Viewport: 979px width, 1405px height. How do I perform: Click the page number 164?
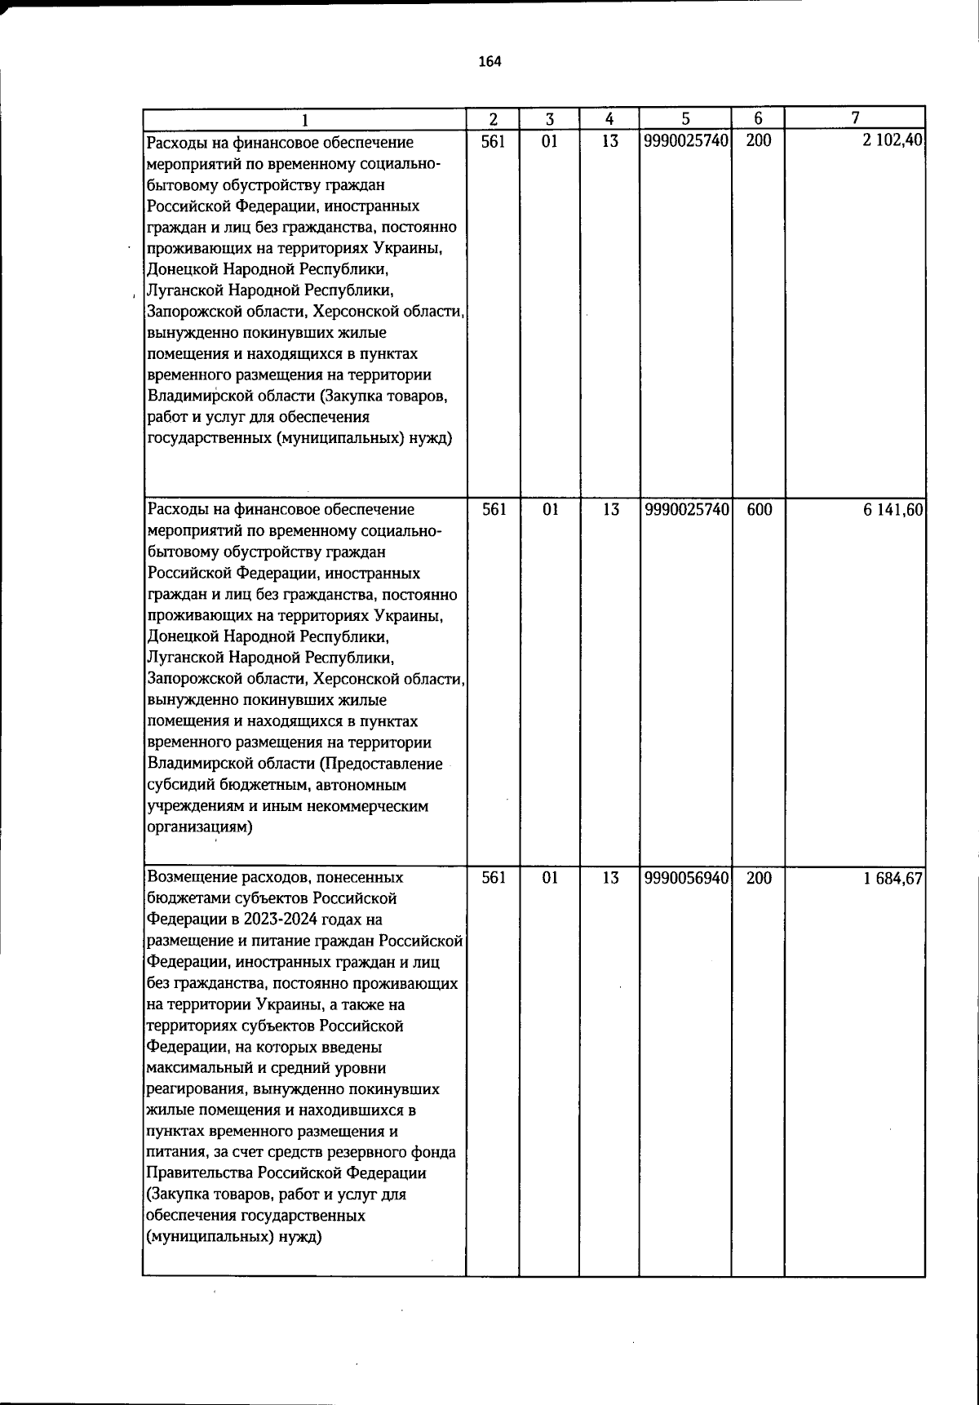[489, 62]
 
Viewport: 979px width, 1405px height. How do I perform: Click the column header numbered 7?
[854, 118]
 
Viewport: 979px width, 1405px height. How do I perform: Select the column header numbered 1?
[304, 119]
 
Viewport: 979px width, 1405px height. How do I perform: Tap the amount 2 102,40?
[893, 140]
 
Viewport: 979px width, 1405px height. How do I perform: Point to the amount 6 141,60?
[893, 510]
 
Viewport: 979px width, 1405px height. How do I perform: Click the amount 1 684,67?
[893, 878]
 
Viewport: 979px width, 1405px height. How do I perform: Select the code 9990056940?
[685, 878]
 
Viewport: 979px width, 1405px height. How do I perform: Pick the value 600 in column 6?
[759, 510]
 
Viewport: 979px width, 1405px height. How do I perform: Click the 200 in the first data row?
[759, 140]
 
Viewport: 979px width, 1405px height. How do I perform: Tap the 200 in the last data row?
[759, 878]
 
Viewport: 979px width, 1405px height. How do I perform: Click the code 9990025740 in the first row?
[685, 140]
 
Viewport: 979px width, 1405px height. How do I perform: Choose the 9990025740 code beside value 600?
[685, 510]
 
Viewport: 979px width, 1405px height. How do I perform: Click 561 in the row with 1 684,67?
[494, 878]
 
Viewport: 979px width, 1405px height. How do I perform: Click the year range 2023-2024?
[265, 920]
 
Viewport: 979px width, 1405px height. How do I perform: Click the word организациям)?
[200, 827]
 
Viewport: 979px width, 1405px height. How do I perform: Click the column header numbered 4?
[609, 118]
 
